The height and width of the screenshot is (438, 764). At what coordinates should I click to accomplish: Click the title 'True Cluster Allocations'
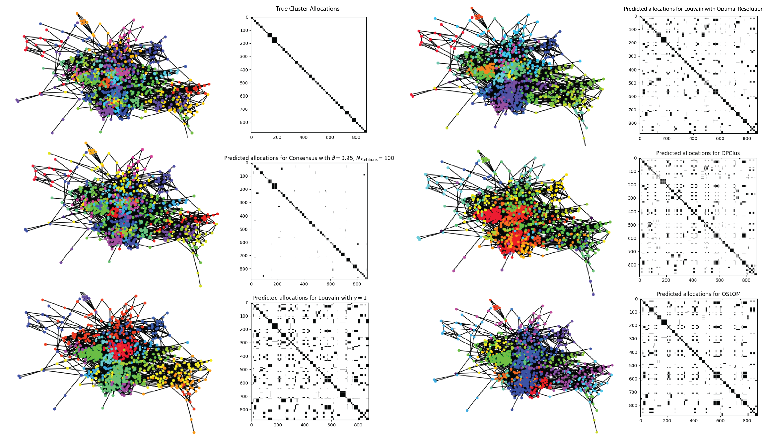pyautogui.click(x=308, y=9)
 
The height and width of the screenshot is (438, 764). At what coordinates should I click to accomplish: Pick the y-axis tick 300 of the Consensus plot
pyautogui.click(x=244, y=202)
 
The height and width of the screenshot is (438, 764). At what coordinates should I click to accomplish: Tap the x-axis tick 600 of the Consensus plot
pyautogui.click(x=330, y=284)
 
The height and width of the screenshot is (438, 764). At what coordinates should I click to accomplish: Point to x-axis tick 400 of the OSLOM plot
pyautogui.click(x=693, y=421)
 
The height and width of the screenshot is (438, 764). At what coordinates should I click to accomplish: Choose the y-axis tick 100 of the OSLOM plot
pyautogui.click(x=633, y=312)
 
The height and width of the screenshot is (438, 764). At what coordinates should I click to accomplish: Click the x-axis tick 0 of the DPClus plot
pyautogui.click(x=640, y=280)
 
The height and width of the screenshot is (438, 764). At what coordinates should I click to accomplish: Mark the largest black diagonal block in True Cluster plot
pyautogui.click(x=274, y=40)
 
